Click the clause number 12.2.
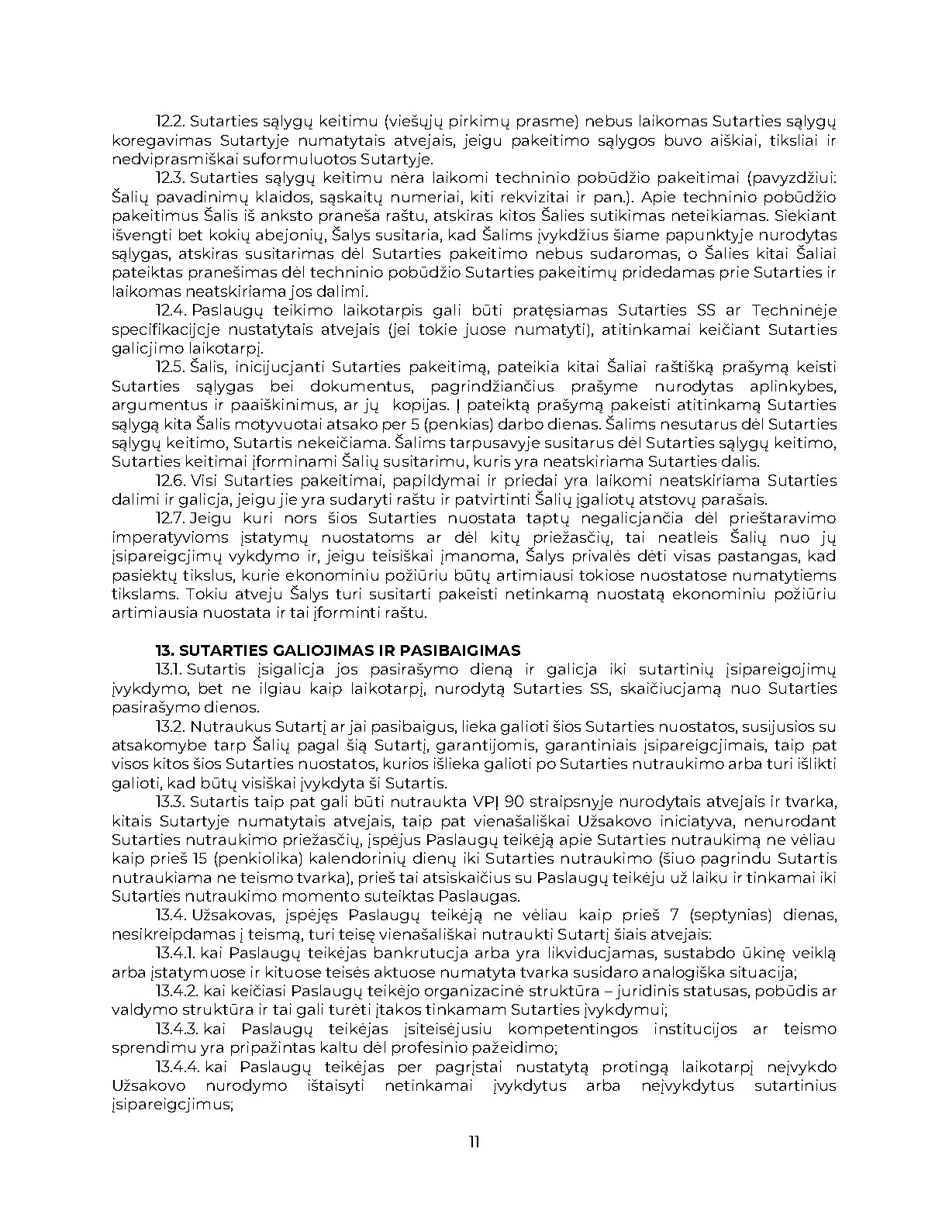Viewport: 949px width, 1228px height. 169,122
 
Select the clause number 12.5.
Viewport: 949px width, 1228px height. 170,367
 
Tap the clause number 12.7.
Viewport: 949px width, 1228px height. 169,519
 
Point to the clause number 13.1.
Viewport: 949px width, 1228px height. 168,670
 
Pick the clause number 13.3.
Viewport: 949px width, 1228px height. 169,802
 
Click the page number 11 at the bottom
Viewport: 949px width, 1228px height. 474,1142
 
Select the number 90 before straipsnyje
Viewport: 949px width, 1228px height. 515,802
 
